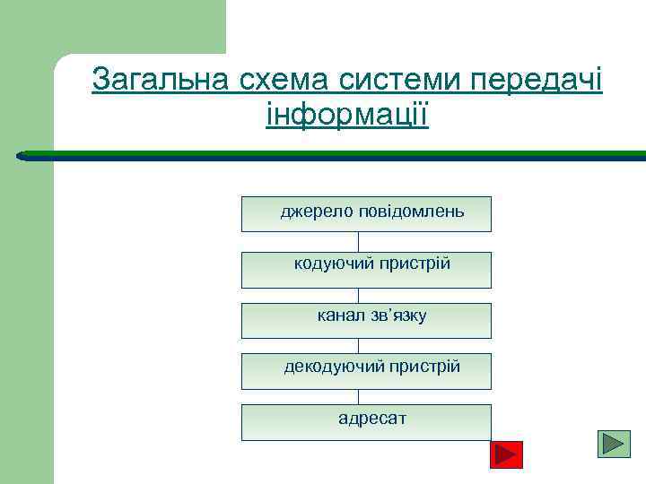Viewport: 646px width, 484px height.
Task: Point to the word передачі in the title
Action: [x=536, y=81]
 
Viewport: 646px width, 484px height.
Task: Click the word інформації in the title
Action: [x=347, y=115]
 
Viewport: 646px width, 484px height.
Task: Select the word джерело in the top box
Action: [x=318, y=212]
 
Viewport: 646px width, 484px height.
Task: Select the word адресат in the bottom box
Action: [x=371, y=418]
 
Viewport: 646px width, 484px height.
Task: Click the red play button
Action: [x=507, y=455]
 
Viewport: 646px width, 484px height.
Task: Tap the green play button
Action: [x=615, y=445]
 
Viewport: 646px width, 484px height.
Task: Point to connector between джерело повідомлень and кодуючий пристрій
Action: [x=358, y=242]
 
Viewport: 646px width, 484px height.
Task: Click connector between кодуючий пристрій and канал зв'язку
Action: [x=358, y=295]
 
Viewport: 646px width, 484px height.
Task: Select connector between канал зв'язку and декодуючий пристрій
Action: [x=358, y=345]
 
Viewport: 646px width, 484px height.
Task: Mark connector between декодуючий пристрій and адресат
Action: [x=358, y=396]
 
